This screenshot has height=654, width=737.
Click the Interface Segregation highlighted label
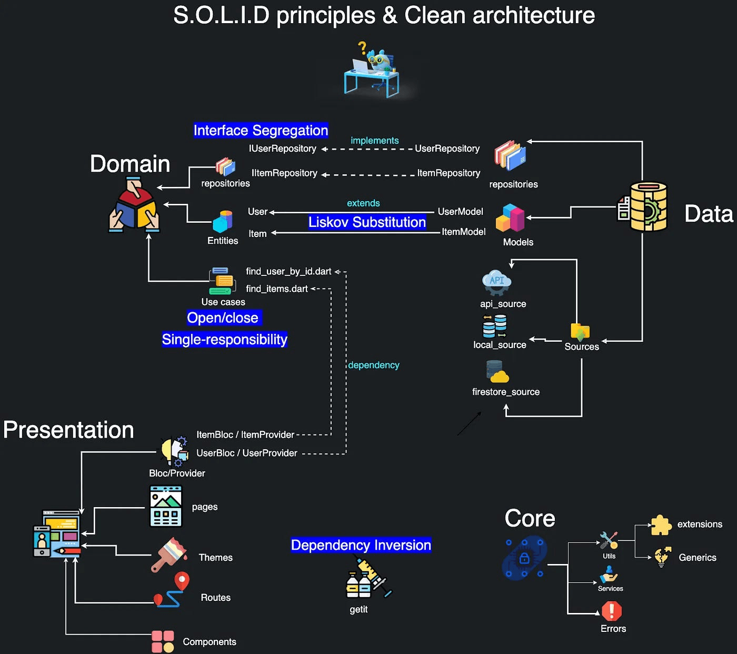click(x=261, y=130)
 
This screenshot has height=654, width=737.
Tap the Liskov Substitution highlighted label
click(x=367, y=222)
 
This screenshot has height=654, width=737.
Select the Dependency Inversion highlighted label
click(x=361, y=545)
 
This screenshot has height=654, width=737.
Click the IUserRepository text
click(x=283, y=148)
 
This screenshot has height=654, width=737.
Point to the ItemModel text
click(x=463, y=232)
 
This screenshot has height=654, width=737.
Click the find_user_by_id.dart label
click(x=288, y=271)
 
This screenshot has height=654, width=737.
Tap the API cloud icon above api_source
click(x=496, y=282)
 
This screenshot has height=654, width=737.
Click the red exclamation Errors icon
click(x=612, y=611)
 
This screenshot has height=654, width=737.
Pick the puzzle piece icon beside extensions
click(x=661, y=525)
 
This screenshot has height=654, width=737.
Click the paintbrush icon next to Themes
click(x=170, y=554)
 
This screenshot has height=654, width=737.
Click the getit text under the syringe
click(x=358, y=609)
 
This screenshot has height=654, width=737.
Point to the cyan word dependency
click(x=374, y=365)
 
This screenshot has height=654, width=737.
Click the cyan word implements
click(x=375, y=141)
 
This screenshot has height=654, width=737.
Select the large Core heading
click(x=530, y=519)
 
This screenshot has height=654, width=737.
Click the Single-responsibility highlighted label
click(x=224, y=340)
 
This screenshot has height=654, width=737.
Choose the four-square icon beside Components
click(x=163, y=641)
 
